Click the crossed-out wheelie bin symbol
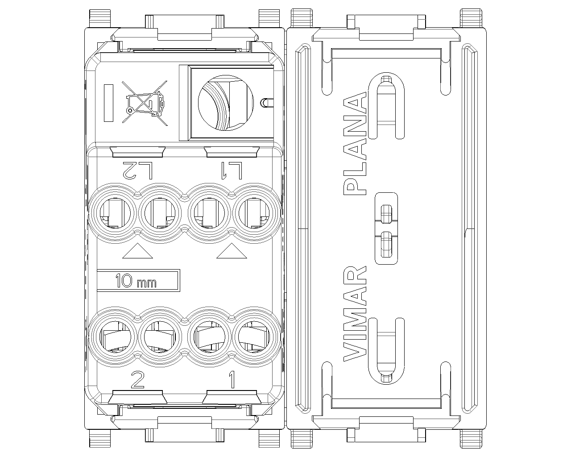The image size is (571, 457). (145, 103)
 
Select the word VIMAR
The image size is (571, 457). (355, 313)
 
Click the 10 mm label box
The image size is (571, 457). (138, 281)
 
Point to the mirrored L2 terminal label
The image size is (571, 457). (138, 170)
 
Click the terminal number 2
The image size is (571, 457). (137, 380)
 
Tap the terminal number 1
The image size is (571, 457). (232, 380)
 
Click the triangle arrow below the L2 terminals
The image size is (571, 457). (137, 251)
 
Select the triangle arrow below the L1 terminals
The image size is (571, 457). (232, 251)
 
